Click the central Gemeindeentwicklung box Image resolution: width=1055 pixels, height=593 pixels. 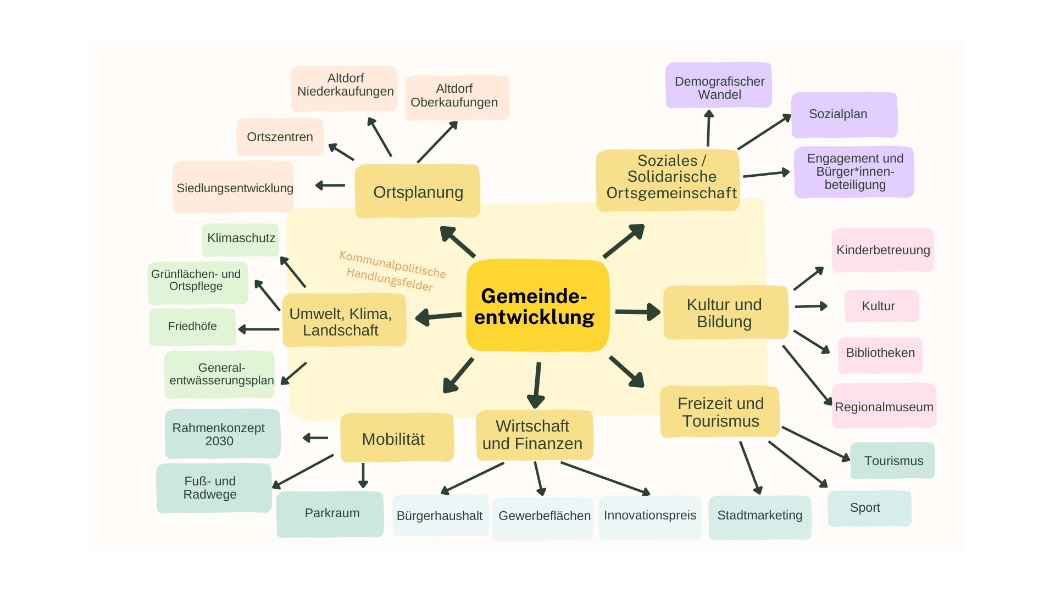[537, 306]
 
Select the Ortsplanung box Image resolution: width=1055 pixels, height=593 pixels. [418, 192]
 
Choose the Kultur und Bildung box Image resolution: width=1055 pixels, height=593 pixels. [725, 312]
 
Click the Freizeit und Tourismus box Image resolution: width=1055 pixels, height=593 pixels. [720, 412]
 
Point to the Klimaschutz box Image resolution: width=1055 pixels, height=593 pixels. [241, 239]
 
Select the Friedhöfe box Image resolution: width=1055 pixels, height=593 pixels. [192, 327]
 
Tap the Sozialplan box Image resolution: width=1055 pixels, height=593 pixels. [843, 115]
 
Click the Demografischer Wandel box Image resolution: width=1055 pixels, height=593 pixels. [719, 86]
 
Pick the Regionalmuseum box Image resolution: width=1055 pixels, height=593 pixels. [884, 406]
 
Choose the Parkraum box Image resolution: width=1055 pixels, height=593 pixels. [330, 513]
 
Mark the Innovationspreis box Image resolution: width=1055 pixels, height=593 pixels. [649, 516]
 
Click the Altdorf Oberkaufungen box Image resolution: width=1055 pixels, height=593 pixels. [456, 97]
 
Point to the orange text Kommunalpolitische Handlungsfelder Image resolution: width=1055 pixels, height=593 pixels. [392, 271]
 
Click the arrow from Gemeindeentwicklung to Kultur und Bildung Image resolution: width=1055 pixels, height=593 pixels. [637, 311]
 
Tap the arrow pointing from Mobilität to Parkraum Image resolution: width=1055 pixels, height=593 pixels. [363, 474]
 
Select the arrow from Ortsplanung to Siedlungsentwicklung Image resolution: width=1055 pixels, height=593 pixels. [330, 186]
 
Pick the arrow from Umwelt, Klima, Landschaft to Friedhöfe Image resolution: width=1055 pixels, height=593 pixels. [258, 329]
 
